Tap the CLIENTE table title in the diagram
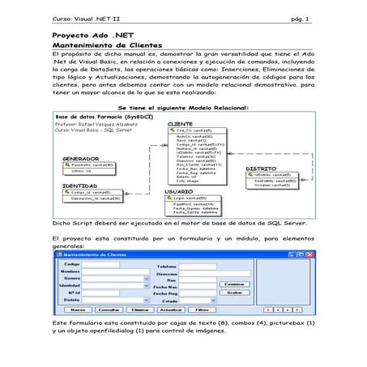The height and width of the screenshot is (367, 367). pyautogui.click(x=179, y=124)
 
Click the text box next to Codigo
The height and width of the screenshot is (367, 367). pyautogui.click(x=101, y=264)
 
